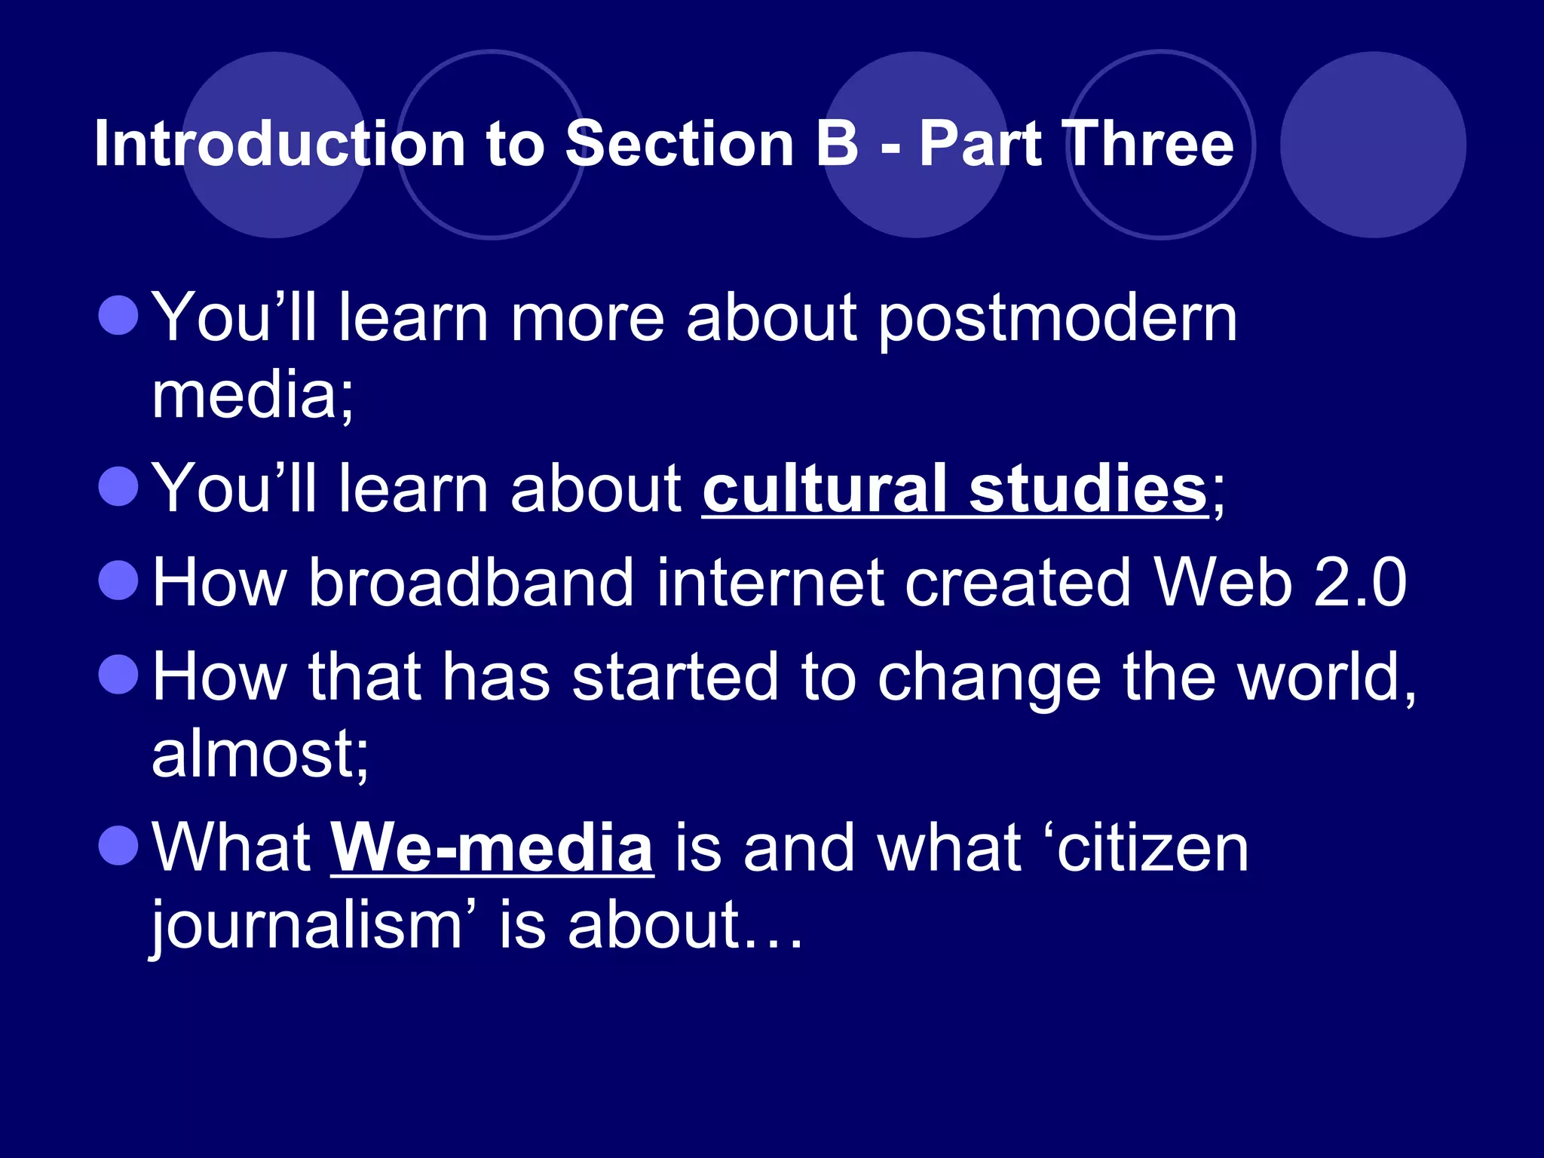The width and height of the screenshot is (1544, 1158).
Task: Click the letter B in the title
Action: click(x=837, y=144)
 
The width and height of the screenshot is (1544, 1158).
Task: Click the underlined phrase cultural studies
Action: click(x=954, y=489)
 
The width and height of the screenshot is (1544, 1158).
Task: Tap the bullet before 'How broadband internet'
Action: click(x=119, y=580)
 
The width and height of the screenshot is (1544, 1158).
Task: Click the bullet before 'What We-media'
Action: click(x=119, y=845)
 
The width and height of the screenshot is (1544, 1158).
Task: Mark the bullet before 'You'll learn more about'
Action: click(x=119, y=314)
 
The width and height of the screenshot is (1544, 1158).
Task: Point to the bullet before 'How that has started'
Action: click(x=119, y=674)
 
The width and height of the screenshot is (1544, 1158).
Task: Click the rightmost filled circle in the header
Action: click(x=1373, y=144)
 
